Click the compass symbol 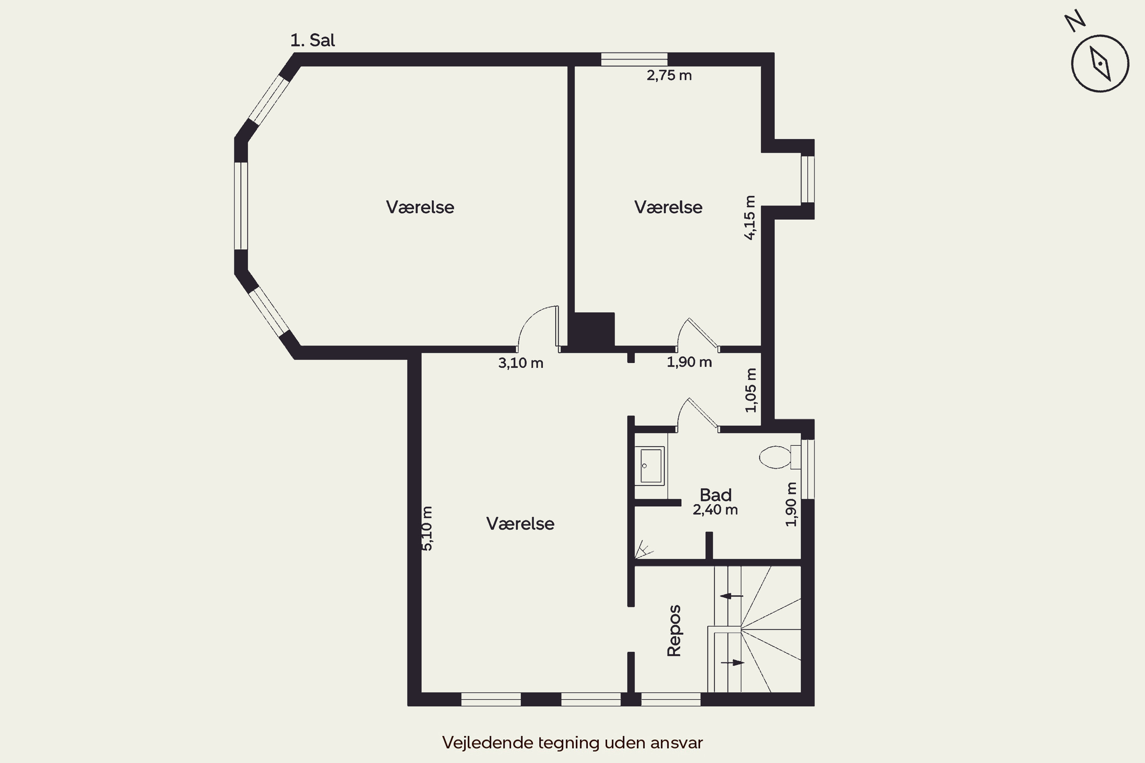(1099, 63)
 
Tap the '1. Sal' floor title (313, 40)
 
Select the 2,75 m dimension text (669, 76)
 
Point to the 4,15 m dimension (750, 217)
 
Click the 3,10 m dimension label (521, 363)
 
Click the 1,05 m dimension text (751, 390)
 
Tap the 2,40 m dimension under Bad (715, 510)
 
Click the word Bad (716, 495)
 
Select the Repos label (674, 631)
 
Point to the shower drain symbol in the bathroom (643, 549)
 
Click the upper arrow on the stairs (732, 596)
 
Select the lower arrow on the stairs (732, 662)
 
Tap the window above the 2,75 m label (634, 60)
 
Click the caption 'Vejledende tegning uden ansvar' (572, 742)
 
